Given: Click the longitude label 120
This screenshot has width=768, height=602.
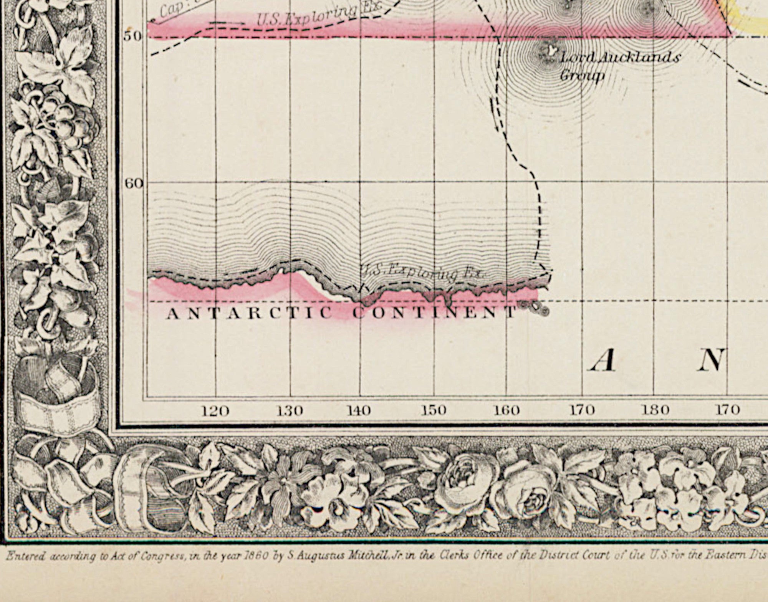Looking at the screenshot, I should [x=216, y=411].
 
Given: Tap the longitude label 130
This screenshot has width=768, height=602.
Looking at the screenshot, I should [x=289, y=411].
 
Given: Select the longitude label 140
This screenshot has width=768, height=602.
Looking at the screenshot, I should [x=359, y=411].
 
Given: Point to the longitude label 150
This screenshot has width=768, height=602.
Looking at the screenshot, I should [x=433, y=411].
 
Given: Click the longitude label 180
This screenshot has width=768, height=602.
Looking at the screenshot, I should [x=655, y=410].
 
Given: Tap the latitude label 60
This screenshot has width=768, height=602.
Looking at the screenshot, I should [x=134, y=184].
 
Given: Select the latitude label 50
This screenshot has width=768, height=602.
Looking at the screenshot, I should [x=132, y=36].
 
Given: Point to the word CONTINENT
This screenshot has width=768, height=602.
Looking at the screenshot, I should [x=434, y=313].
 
